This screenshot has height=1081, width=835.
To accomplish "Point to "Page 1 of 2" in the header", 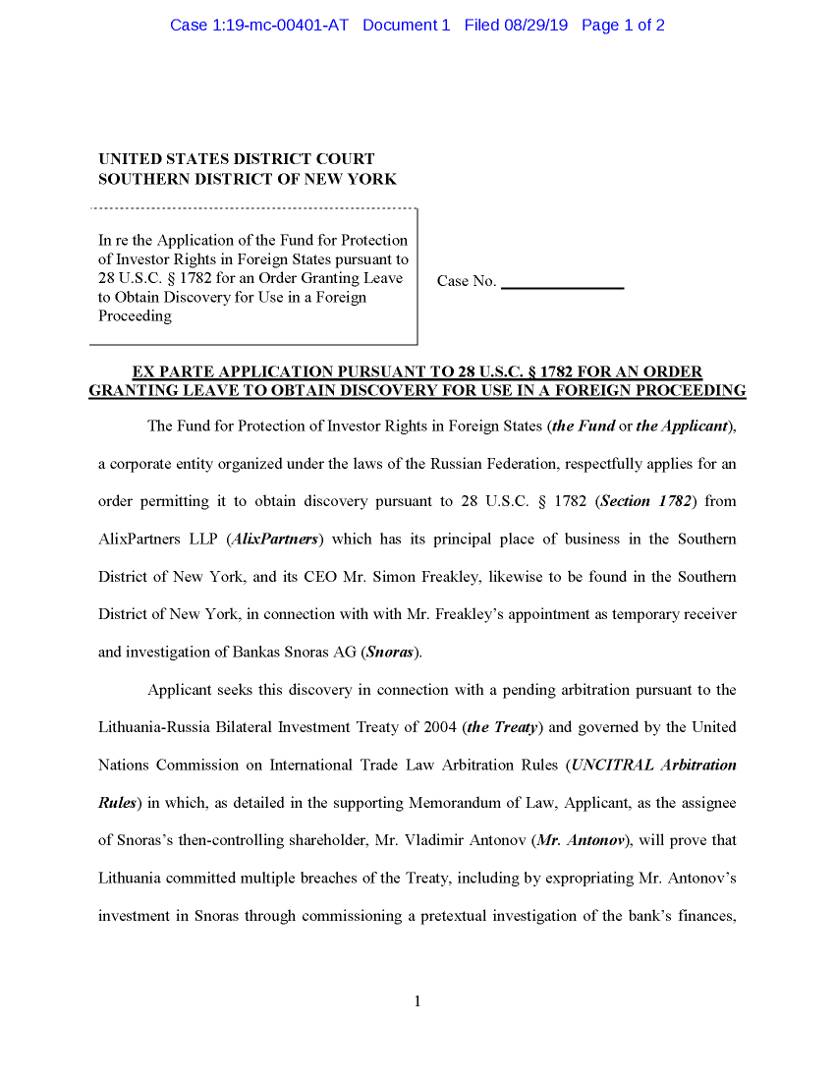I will [x=623, y=26].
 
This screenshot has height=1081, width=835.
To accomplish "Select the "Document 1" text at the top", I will [x=406, y=26].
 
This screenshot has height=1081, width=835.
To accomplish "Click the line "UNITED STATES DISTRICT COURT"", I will [x=236, y=158].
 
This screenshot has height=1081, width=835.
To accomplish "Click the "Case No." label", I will [x=467, y=281].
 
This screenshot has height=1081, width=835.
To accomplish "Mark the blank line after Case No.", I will [x=562, y=285].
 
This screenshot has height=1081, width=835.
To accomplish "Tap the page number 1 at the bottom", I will [x=417, y=1001].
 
